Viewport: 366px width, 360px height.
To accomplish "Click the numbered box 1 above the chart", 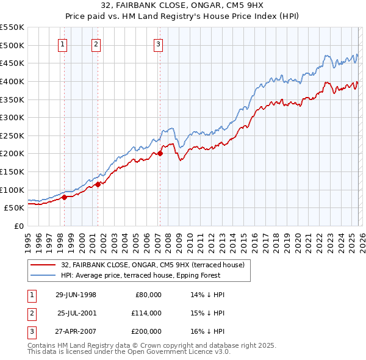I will point(63,43).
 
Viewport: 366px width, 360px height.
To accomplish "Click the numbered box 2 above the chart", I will point(96,43).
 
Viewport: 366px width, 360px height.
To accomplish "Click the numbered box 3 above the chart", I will point(158,43).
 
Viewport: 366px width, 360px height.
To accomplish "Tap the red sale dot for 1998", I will point(64,196).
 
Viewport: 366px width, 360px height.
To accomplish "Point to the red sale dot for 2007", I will point(160,153).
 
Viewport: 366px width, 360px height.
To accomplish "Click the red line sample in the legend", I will point(44,265).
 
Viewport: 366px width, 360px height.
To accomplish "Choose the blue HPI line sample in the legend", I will point(44,275).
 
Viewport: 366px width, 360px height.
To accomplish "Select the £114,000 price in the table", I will point(146,313).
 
